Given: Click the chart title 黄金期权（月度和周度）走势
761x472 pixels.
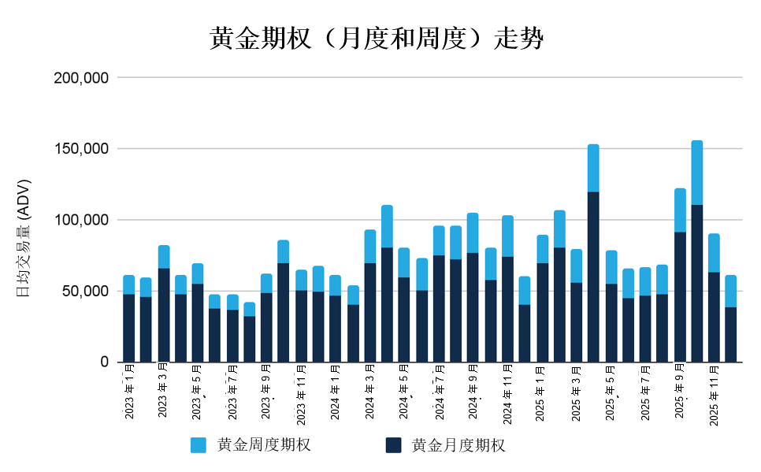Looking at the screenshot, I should click(376, 39).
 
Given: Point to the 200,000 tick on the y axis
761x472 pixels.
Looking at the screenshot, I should click(80, 78).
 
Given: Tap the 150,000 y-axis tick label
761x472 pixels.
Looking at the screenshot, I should click(80, 149).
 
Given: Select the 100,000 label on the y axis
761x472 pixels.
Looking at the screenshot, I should click(80, 220).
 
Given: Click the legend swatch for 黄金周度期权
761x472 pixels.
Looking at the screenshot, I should click(199, 445).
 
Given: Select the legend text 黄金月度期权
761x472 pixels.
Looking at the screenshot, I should click(458, 445).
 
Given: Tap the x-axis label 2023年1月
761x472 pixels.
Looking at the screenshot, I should click(129, 391).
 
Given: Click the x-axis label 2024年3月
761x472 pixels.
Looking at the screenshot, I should click(369, 391).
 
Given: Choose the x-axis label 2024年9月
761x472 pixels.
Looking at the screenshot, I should click(473, 391).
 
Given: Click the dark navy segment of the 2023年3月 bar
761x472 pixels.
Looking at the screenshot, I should click(164, 315).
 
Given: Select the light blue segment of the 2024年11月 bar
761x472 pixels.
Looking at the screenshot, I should click(507, 236).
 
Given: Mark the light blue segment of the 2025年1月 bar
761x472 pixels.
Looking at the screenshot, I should click(542, 249).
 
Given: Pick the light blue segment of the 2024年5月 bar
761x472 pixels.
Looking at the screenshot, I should click(404, 262).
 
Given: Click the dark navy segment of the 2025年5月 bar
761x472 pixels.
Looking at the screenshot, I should click(611, 322).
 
